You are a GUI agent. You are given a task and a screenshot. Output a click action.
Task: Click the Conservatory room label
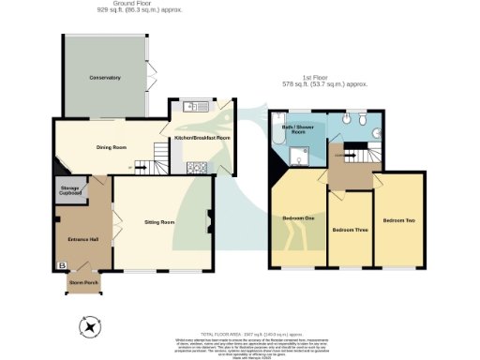pos(104,77)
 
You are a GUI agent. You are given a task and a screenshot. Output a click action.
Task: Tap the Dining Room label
pos(112,147)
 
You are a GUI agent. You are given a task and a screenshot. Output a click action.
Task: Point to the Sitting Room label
pos(159,222)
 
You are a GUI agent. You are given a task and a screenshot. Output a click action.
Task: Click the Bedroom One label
pos(298,219)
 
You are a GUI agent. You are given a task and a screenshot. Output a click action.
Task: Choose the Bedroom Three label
pos(349,230)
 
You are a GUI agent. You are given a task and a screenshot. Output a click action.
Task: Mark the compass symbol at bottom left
pos(90,326)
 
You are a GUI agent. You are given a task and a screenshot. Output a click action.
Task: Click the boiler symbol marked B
pos(62,266)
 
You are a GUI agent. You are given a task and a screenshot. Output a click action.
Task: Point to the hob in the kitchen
pos(199,169)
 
